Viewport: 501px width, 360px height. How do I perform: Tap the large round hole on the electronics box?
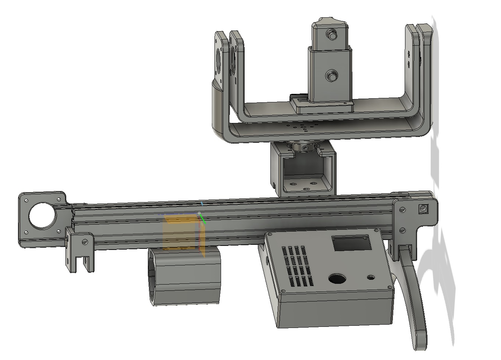[337, 279]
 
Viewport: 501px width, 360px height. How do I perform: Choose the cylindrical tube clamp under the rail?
[184, 276]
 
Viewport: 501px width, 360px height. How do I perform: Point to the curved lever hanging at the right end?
[414, 291]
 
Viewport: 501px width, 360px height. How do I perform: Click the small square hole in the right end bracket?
[423, 209]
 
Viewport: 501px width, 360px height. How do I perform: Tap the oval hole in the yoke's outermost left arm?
[218, 59]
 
